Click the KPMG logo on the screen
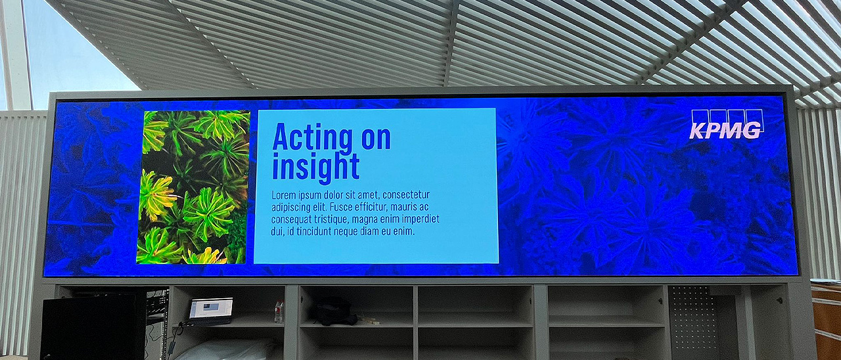727,124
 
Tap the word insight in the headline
316,167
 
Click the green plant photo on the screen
193,187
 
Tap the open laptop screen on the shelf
211,308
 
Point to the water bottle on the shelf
279,311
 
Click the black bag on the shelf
334,311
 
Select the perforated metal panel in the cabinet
691,317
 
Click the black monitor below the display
93,327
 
